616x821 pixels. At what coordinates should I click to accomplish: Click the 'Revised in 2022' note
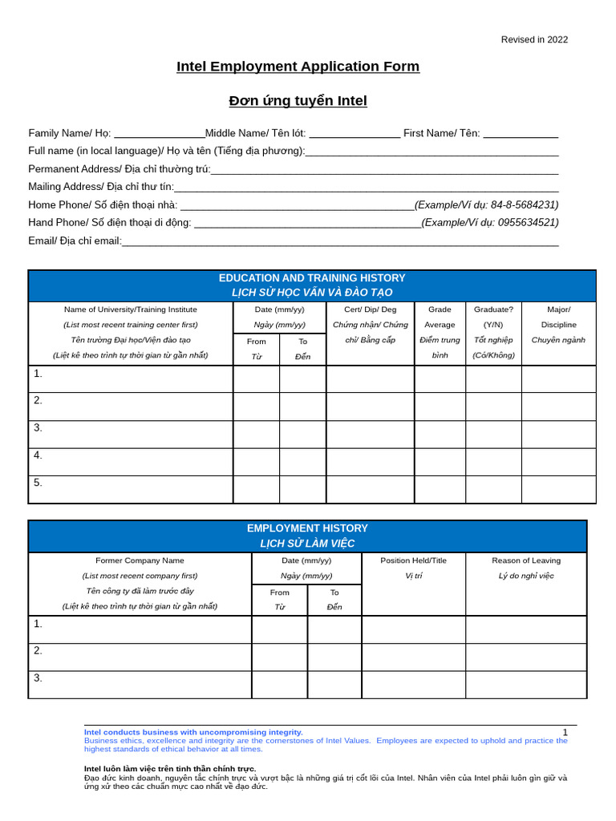(x=534, y=39)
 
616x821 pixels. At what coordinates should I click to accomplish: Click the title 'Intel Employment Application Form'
(x=298, y=67)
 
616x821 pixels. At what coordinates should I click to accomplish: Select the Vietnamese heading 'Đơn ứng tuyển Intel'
(x=298, y=101)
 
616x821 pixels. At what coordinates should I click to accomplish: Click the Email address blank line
(x=340, y=241)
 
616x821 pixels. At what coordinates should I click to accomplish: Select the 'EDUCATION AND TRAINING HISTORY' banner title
(x=312, y=278)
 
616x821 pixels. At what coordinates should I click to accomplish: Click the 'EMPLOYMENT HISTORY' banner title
(x=307, y=528)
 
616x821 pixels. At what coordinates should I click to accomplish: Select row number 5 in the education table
(x=38, y=483)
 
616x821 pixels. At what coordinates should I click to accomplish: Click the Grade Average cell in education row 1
(x=440, y=379)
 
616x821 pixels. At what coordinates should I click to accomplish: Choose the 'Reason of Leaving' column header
(x=526, y=560)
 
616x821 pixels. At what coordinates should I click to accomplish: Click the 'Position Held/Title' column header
(x=413, y=560)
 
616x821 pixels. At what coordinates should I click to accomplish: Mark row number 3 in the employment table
(x=38, y=678)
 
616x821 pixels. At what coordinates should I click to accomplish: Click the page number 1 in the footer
(x=565, y=732)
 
